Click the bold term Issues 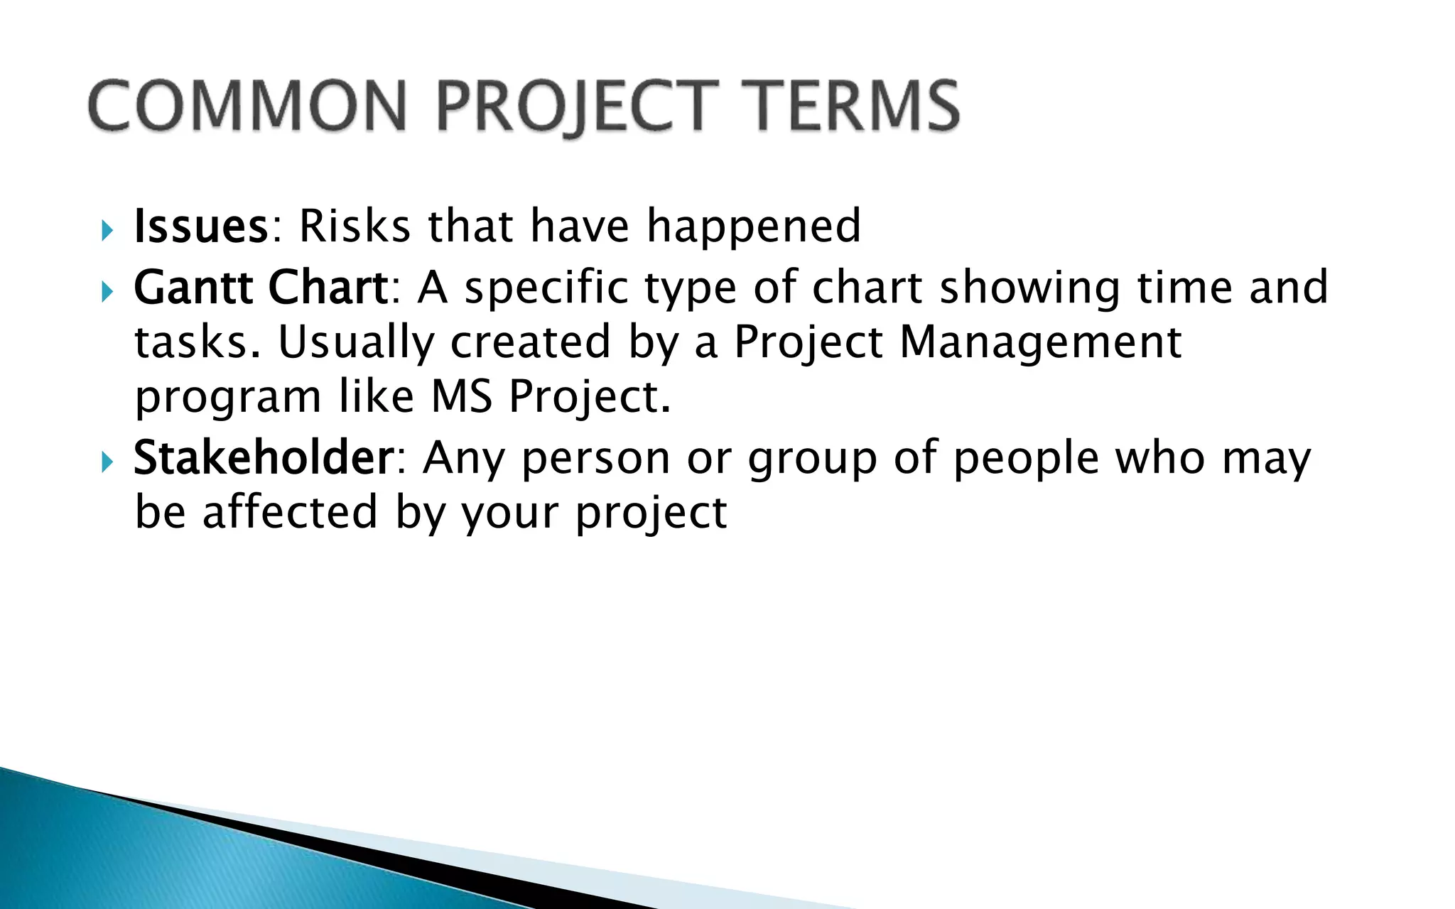(200, 227)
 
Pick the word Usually (355, 343)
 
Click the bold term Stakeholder (263, 458)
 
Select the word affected (290, 512)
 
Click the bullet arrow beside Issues (107, 229)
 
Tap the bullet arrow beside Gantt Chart (107, 290)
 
